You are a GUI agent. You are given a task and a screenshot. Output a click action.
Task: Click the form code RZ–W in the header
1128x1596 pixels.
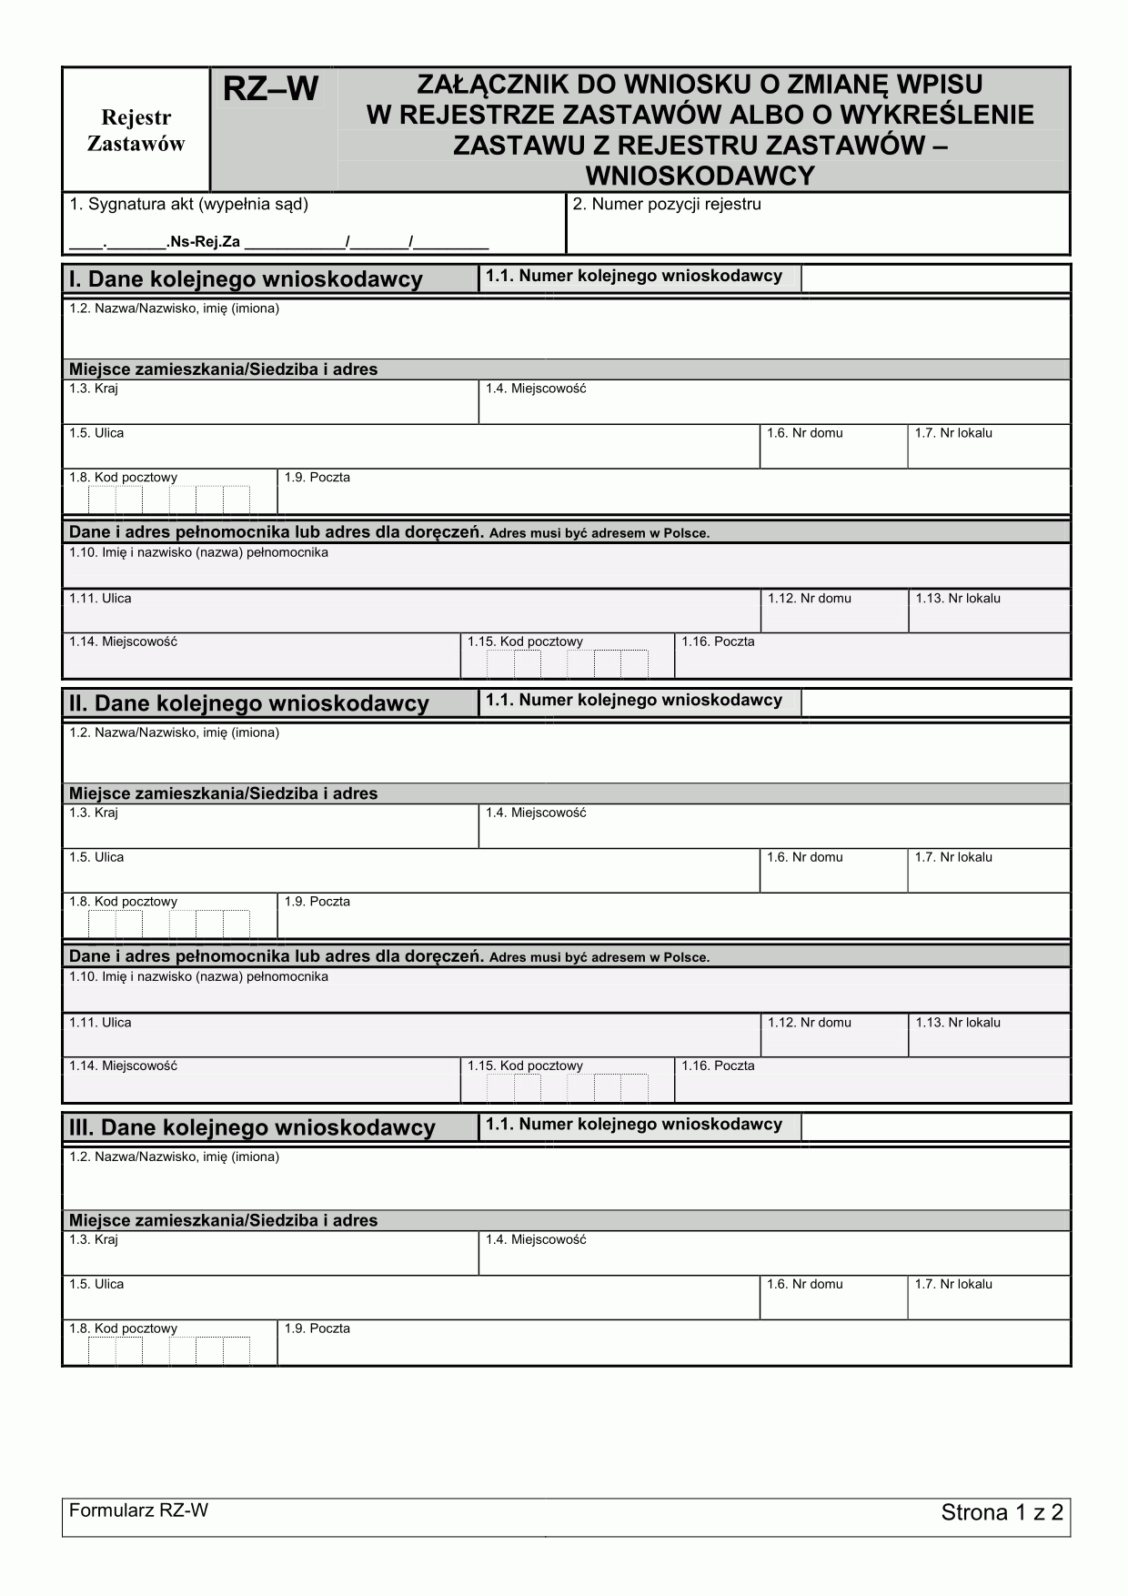pyautogui.click(x=270, y=89)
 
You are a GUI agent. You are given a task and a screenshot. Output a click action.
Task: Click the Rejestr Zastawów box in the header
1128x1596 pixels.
pyautogui.click(x=136, y=130)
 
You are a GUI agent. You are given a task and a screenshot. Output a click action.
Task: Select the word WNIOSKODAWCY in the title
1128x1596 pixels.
pyautogui.click(x=700, y=175)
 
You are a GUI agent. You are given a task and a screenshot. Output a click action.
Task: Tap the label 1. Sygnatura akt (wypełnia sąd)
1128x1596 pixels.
pyautogui.click(x=188, y=205)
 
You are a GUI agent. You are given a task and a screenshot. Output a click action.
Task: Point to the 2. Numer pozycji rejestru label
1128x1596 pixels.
pyautogui.click(x=667, y=205)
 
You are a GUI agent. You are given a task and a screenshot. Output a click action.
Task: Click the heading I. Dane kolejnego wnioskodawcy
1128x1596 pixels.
pyautogui.click(x=246, y=279)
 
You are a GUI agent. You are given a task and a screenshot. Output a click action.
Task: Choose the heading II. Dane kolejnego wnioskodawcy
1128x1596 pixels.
pyautogui.click(x=249, y=703)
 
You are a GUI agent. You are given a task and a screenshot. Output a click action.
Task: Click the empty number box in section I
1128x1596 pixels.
pyautogui.click(x=934, y=278)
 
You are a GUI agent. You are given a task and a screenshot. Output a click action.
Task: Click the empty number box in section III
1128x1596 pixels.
pyautogui.click(x=934, y=1127)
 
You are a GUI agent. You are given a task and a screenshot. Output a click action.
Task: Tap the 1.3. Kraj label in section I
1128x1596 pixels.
pyautogui.click(x=94, y=389)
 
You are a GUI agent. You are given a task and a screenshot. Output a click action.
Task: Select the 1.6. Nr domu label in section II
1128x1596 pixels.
pyautogui.click(x=804, y=857)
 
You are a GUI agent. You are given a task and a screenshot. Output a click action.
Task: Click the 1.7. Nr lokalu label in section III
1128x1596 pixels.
pyautogui.click(x=953, y=1284)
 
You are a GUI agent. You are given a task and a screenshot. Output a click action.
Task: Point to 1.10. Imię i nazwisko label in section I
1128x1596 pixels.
pyautogui.click(x=198, y=553)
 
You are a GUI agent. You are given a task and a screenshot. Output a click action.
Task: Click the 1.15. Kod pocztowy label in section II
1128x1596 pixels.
pyautogui.click(x=525, y=1066)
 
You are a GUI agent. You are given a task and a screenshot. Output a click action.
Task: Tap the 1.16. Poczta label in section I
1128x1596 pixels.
pyautogui.click(x=718, y=641)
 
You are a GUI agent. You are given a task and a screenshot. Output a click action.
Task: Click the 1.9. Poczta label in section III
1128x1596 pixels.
pyautogui.click(x=317, y=1328)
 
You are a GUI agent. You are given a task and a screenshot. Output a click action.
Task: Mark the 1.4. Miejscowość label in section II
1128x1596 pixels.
pyautogui.click(x=535, y=813)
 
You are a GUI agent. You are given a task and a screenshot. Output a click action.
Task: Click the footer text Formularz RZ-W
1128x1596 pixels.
pyautogui.click(x=138, y=1510)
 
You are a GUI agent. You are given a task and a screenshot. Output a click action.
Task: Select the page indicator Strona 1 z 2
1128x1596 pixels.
pyautogui.click(x=1002, y=1513)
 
